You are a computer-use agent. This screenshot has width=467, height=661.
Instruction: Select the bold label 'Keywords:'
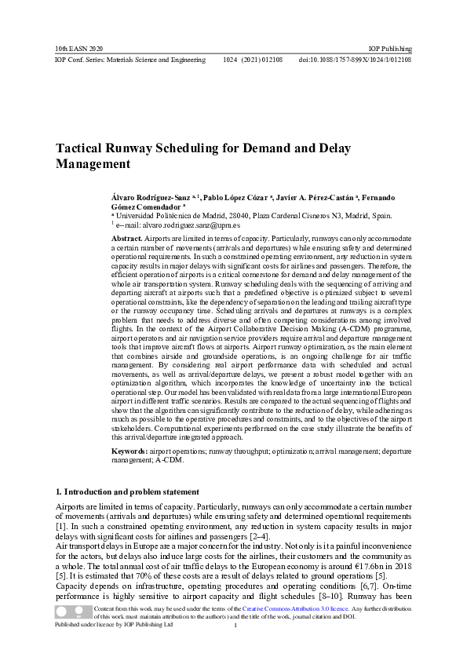click(130, 452)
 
